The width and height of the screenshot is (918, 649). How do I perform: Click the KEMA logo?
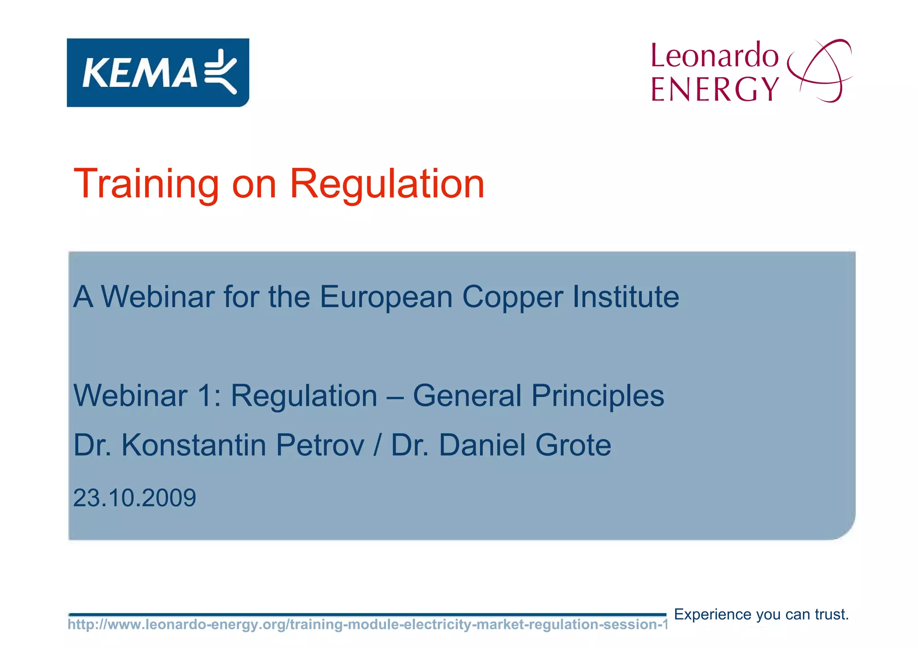pyautogui.click(x=158, y=73)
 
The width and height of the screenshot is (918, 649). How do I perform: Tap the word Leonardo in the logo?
pyautogui.click(x=714, y=56)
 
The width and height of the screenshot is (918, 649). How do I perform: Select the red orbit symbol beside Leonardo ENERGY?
pyautogui.click(x=820, y=71)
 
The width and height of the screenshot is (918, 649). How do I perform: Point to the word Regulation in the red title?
pyautogui.click(x=387, y=184)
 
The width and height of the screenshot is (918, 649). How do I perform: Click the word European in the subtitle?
pyautogui.click(x=386, y=297)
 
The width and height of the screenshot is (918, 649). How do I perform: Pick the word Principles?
pyautogui.click(x=598, y=396)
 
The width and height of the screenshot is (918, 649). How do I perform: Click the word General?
pyautogui.click(x=467, y=396)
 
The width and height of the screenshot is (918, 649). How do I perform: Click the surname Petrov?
pyautogui.click(x=320, y=445)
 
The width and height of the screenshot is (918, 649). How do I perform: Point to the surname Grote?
pyautogui.click(x=573, y=445)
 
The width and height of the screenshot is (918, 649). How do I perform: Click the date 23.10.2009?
pyautogui.click(x=134, y=498)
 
